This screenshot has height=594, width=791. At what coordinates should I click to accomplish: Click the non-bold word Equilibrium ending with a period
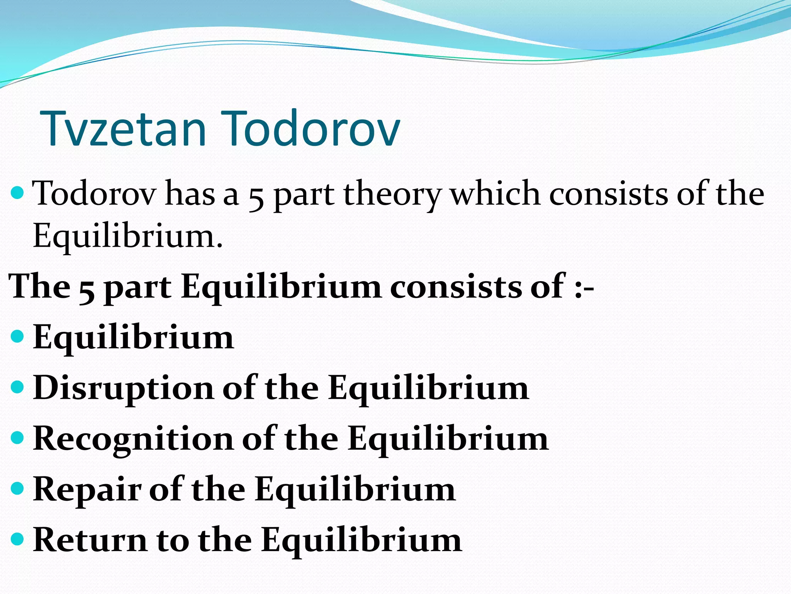click(127, 237)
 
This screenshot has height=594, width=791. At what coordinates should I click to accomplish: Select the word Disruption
click(123, 389)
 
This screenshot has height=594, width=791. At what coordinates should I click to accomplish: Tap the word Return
click(90, 540)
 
